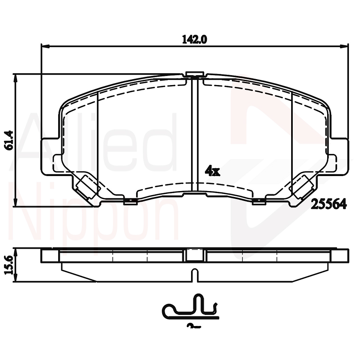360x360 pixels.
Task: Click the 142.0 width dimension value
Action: click(x=195, y=39)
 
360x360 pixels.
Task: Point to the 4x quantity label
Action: click(x=212, y=171)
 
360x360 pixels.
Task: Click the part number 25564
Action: click(x=329, y=204)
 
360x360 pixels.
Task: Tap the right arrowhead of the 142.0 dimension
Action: click(x=346, y=46)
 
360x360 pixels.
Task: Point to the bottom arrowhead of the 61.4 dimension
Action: click(x=16, y=203)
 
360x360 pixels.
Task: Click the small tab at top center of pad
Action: click(x=194, y=74)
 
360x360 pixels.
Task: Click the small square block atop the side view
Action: click(x=194, y=255)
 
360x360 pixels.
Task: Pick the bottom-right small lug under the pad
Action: click(x=259, y=202)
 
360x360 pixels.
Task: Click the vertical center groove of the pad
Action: click(x=194, y=135)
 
